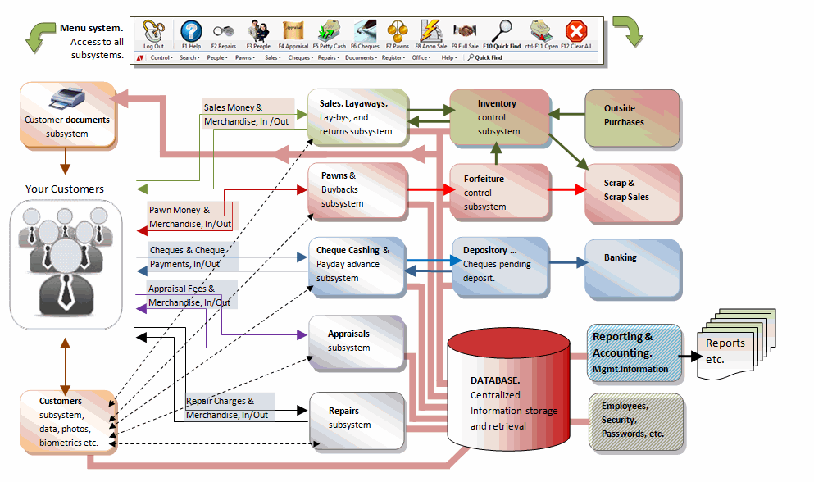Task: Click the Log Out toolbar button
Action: coord(153,35)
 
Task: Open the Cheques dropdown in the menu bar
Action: coord(300,58)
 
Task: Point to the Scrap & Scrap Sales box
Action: coord(632,192)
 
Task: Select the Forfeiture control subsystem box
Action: coord(498,192)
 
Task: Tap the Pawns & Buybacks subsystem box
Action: coord(357,190)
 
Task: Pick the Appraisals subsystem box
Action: coord(357,342)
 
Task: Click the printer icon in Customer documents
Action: coord(66,102)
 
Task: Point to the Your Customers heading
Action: coord(65,189)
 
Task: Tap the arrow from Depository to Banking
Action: coord(566,263)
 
